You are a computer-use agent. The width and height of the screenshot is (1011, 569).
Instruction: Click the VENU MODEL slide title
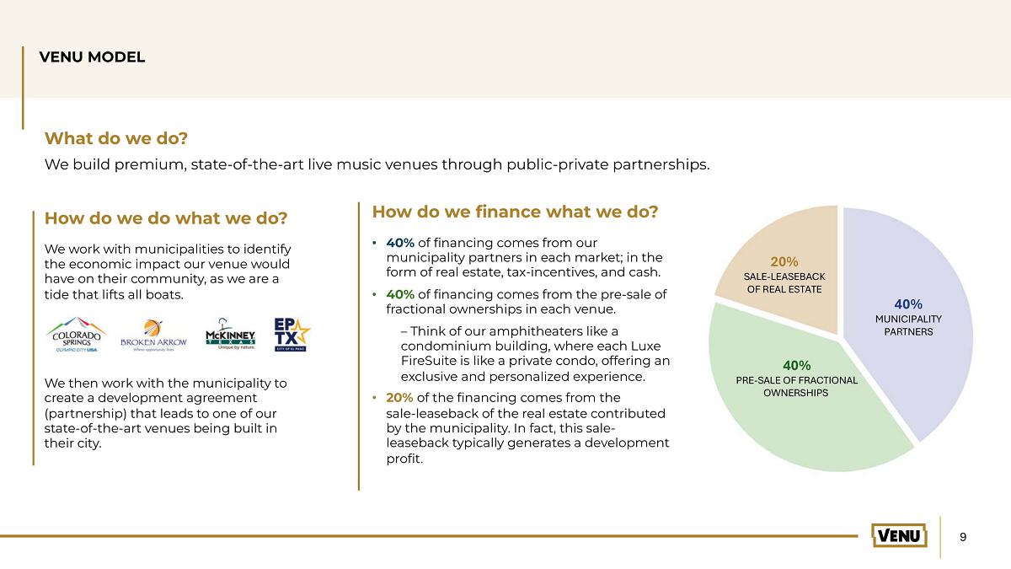[92, 57]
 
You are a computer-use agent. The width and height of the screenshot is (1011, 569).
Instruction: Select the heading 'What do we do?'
[116, 138]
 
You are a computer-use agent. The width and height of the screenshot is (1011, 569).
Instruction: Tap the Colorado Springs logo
[77, 335]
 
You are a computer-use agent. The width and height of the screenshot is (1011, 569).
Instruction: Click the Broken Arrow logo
[153, 335]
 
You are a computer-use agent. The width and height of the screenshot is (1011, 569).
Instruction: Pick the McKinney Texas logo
[230, 334]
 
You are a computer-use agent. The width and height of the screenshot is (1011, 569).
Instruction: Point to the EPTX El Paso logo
[292, 335]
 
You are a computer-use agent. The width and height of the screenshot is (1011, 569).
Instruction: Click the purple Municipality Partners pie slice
[907, 316]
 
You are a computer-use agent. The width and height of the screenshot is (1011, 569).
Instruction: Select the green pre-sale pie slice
[804, 406]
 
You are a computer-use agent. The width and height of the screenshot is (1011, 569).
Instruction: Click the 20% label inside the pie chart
[784, 261]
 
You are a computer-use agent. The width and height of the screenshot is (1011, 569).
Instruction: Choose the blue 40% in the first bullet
[400, 243]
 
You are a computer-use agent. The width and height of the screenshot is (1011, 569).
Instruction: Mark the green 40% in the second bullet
[400, 294]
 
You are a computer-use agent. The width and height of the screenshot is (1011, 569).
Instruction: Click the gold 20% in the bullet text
[399, 398]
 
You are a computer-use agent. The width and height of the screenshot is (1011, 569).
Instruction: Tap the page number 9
[963, 537]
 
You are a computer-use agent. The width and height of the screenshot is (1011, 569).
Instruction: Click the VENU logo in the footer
[899, 535]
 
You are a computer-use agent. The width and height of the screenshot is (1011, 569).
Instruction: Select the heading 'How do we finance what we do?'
[515, 212]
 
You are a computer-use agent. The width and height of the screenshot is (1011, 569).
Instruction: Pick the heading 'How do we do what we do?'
[166, 218]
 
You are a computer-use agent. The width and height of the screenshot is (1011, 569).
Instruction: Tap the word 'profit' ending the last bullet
[403, 459]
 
